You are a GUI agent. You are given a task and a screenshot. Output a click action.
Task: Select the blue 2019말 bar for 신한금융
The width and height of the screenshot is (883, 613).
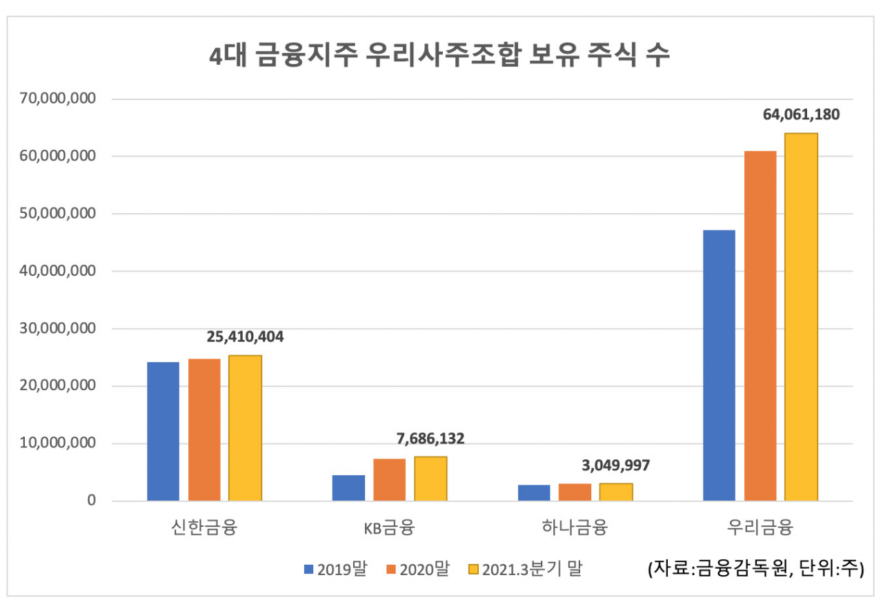coord(163,432)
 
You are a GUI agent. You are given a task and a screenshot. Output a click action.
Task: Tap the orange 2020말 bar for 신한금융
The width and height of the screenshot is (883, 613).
coord(204,430)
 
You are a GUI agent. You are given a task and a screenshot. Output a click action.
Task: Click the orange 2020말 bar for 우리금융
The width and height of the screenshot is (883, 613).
coord(760,326)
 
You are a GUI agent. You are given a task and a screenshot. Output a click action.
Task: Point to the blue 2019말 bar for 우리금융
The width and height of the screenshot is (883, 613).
coord(719,365)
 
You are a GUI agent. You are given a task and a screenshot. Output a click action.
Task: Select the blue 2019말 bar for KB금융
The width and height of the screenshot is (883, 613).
coord(348,488)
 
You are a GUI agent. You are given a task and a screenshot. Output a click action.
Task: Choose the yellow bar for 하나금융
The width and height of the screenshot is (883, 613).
coord(616,492)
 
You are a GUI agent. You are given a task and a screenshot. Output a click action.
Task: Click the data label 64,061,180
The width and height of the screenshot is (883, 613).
coord(801,115)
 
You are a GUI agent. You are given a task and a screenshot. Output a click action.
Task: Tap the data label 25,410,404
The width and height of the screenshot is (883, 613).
coord(245,338)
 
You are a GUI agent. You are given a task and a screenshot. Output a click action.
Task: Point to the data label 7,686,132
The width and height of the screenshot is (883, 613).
coord(430,439)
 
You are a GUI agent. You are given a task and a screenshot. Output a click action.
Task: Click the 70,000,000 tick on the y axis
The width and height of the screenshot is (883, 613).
coord(57,99)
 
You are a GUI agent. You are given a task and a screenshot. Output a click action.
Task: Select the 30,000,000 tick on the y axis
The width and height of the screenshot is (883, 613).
coord(57,329)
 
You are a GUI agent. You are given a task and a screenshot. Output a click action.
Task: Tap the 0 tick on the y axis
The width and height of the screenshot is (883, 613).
coord(90,501)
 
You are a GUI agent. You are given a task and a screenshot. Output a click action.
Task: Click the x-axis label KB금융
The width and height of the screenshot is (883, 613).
coord(390,530)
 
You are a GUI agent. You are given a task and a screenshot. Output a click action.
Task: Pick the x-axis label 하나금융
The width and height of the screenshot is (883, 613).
coord(575,530)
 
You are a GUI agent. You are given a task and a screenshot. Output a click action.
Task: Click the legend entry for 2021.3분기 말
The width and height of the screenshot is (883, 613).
coord(525,570)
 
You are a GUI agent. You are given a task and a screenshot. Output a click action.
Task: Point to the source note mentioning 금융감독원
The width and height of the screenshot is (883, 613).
coord(755,570)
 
